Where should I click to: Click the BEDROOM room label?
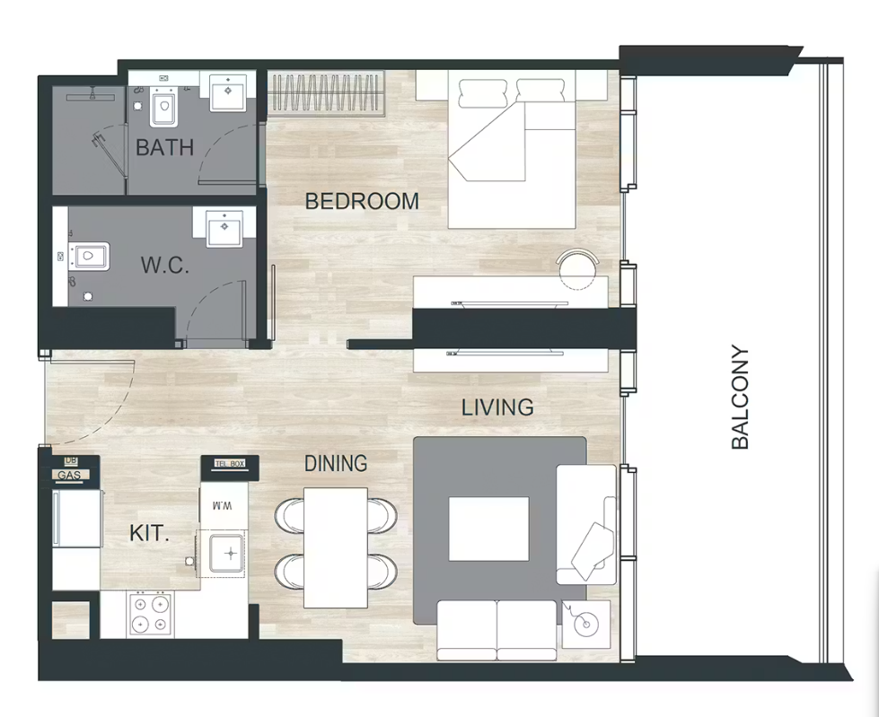pyautogui.click(x=362, y=201)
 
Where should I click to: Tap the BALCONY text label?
pyautogui.click(x=740, y=398)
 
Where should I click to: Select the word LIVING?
pyautogui.click(x=497, y=407)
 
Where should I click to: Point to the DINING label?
pyautogui.click(x=336, y=463)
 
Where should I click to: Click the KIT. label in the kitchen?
pyautogui.click(x=149, y=533)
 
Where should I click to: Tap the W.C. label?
pyautogui.click(x=165, y=265)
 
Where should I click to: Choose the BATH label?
pyautogui.click(x=165, y=147)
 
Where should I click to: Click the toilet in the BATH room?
pyautogui.click(x=163, y=107)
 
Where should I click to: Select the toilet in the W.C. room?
pyautogui.click(x=89, y=258)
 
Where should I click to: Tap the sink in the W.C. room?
pyautogui.click(x=224, y=227)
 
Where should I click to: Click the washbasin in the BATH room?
pyautogui.click(x=228, y=92)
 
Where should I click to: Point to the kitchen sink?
pyautogui.click(x=226, y=554)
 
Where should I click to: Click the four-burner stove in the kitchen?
pyautogui.click(x=150, y=614)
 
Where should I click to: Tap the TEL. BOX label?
pyautogui.click(x=231, y=464)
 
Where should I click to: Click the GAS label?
pyautogui.click(x=69, y=476)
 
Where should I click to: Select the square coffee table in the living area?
pyautogui.click(x=488, y=529)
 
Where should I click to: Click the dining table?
pyautogui.click(x=336, y=547)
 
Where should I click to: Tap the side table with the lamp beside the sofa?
pyautogui.click(x=586, y=624)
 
